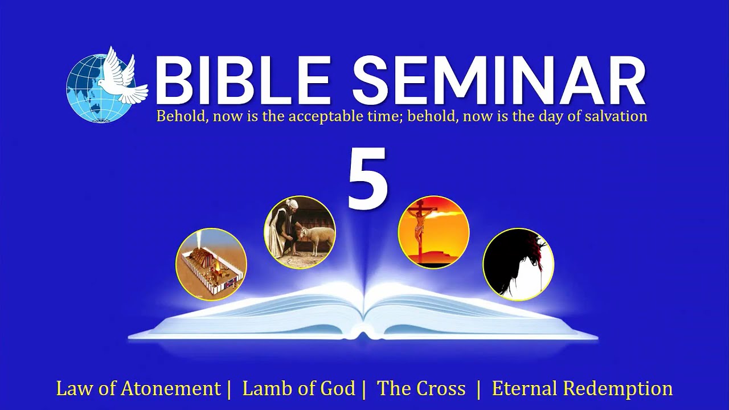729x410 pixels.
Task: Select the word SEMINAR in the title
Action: coord(498,80)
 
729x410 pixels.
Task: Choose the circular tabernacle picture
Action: coord(211,264)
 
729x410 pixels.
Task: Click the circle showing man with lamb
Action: coord(300,232)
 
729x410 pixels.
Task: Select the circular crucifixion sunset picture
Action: coord(433,232)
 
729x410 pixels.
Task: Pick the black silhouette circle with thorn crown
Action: coord(518,264)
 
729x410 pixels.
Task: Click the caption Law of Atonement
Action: coord(138,389)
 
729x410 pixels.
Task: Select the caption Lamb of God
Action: coord(298,389)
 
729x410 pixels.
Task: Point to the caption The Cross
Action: coord(421,389)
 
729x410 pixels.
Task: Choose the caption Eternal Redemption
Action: coord(582,389)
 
